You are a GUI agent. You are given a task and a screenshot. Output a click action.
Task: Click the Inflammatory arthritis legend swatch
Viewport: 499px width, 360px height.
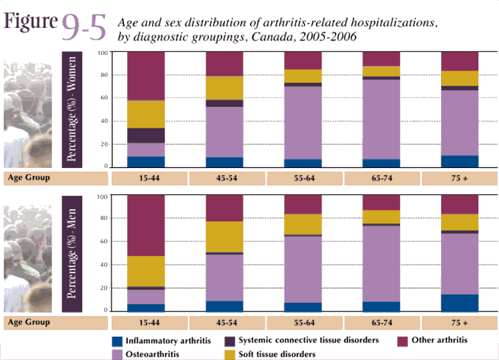click(x=116, y=341)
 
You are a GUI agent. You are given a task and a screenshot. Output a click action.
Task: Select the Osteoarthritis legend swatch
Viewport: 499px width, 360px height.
click(x=116, y=353)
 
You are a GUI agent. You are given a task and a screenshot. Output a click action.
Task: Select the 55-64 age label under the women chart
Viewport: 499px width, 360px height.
click(x=302, y=178)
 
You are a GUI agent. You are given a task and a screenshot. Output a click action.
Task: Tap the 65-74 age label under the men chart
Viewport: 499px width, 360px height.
click(x=379, y=322)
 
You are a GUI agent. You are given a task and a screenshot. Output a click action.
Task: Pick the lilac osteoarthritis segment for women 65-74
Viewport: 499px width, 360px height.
click(x=379, y=118)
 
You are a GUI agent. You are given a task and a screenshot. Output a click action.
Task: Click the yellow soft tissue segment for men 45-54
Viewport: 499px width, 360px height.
click(x=224, y=236)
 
